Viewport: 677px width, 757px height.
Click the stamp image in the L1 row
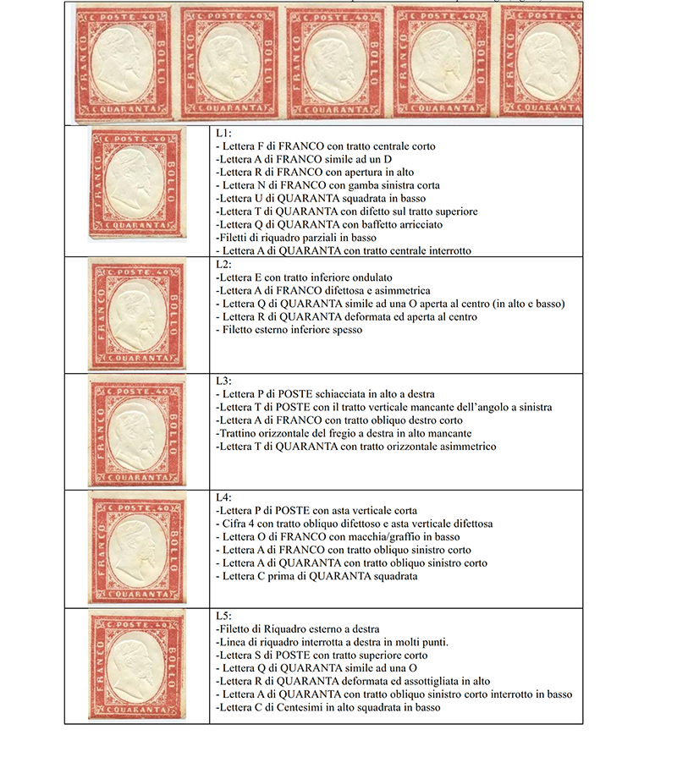[137, 190]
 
